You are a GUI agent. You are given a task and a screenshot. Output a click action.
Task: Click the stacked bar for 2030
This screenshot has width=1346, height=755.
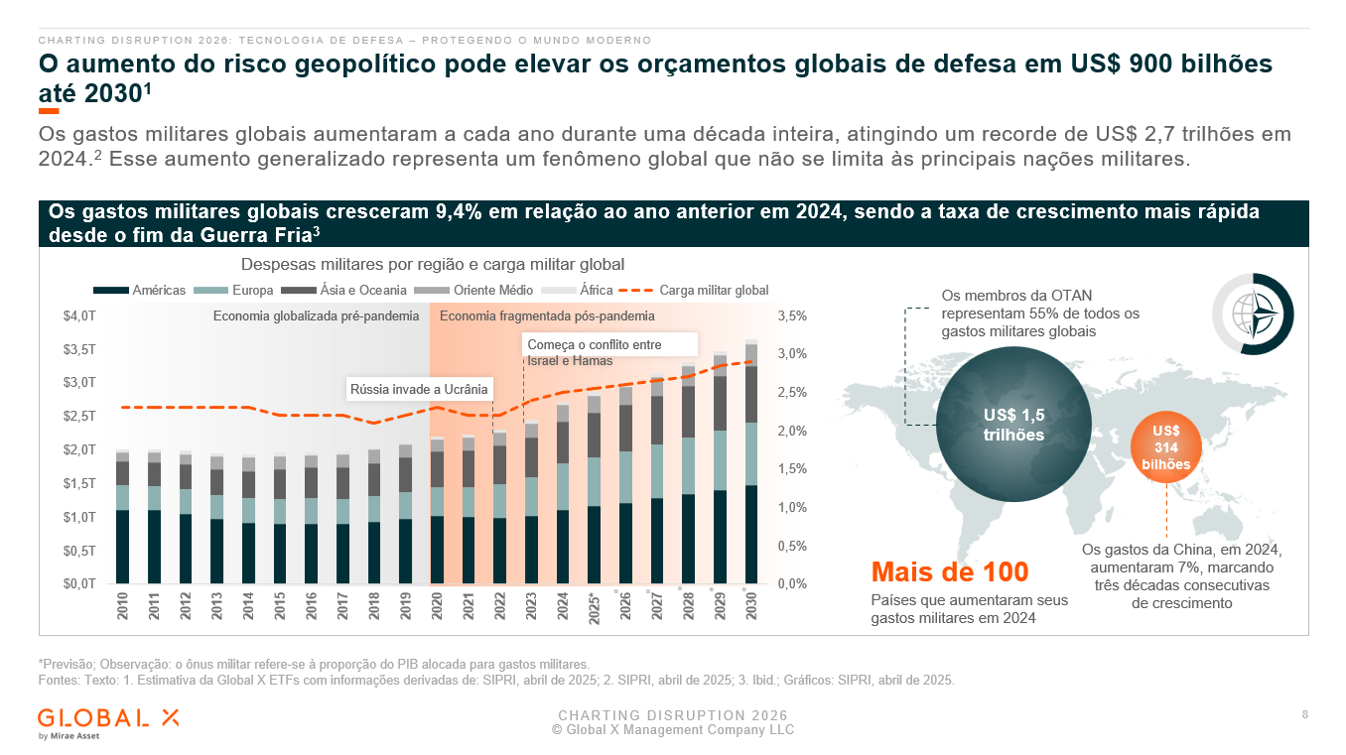click(751, 461)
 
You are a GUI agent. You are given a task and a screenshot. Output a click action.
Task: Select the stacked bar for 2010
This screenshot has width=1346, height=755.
click(122, 517)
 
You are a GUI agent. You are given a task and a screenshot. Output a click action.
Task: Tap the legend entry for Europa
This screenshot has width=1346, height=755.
click(233, 290)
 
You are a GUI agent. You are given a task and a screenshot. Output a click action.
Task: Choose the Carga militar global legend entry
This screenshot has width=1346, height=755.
click(694, 290)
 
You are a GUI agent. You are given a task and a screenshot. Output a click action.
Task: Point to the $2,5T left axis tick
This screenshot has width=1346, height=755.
click(79, 416)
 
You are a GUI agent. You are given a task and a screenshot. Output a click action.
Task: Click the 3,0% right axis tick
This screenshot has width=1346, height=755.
click(792, 354)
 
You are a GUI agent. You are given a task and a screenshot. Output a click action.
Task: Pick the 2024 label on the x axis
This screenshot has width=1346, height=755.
click(563, 605)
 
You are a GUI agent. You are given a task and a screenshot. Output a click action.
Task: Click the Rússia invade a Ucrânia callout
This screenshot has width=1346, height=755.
click(419, 389)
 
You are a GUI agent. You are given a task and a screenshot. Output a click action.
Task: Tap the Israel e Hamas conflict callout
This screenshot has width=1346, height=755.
click(609, 352)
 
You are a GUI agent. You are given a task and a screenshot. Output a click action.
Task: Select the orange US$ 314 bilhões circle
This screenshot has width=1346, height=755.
click(1165, 446)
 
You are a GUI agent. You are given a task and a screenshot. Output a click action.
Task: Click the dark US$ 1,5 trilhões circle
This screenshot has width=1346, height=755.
click(1013, 424)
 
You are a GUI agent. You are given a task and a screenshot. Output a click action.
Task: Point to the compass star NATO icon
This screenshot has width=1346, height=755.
click(1253, 314)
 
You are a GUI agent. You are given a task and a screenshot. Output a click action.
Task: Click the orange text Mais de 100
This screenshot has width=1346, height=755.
click(949, 571)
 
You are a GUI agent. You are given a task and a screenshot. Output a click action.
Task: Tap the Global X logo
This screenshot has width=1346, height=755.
click(108, 724)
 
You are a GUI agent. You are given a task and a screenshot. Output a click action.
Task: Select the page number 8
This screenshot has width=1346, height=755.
click(1304, 714)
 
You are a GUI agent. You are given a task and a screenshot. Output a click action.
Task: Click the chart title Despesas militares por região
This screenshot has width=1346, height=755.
click(433, 264)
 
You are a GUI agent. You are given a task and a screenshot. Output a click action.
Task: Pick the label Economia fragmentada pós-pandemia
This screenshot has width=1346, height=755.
click(547, 315)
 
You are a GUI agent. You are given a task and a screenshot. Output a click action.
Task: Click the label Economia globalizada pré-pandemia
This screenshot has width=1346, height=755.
click(316, 315)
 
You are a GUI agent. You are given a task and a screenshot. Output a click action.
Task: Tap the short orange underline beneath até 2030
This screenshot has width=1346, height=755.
click(49, 110)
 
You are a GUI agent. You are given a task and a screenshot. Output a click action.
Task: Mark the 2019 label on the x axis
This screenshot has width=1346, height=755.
click(406, 605)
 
